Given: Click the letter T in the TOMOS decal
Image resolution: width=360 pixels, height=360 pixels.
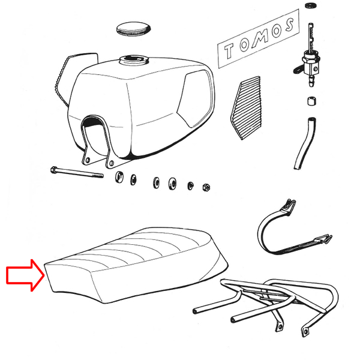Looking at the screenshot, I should (230, 52).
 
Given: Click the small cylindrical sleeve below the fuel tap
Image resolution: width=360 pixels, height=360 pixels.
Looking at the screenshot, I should (311, 100).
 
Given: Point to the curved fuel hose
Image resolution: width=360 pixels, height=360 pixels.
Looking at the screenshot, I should (304, 144).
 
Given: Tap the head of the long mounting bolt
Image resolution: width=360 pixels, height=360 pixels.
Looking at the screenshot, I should (55, 170).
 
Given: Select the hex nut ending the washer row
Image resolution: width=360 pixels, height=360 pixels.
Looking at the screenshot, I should (206, 187).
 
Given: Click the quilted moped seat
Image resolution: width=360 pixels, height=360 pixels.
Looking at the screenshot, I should (138, 264).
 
